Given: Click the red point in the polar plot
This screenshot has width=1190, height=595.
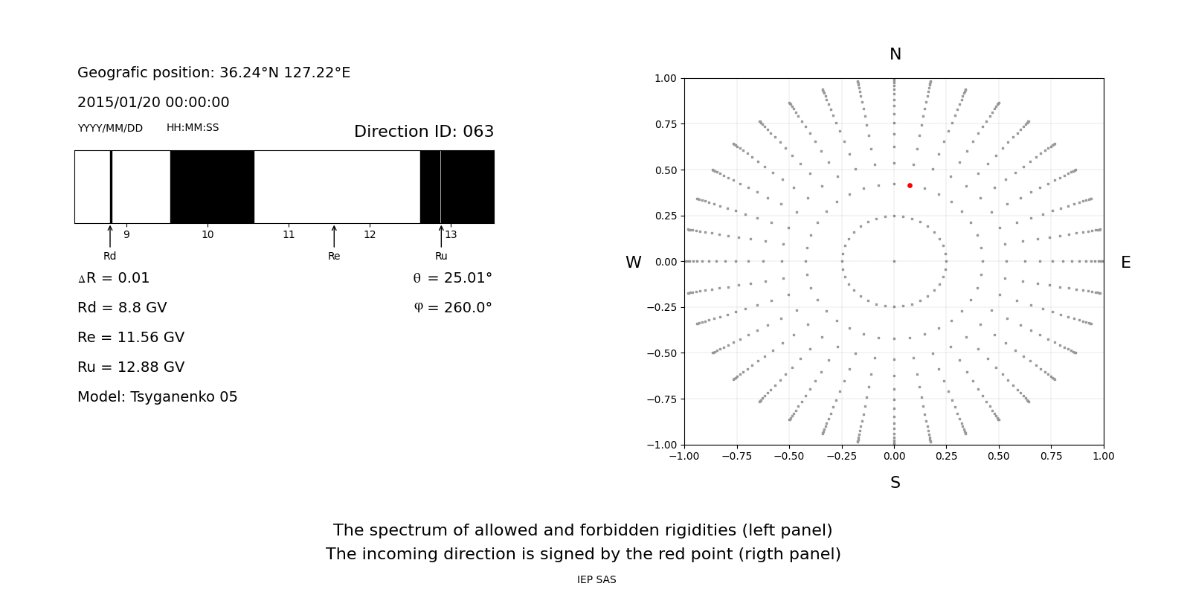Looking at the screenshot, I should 910,185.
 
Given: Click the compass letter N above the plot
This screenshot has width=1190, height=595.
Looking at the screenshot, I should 895,54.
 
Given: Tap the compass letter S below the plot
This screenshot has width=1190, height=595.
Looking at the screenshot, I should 895,483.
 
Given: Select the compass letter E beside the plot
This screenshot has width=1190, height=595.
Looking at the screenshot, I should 1125,263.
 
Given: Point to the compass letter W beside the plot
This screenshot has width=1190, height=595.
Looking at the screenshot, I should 633,263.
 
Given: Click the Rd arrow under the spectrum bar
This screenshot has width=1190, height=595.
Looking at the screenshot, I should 110,236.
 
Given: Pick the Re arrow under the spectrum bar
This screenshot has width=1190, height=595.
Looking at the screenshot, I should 334,236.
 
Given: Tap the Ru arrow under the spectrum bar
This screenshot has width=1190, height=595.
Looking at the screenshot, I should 441,236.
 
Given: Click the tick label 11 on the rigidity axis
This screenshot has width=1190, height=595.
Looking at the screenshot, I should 289,235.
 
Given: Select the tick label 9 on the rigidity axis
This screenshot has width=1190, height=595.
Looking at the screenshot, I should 126,235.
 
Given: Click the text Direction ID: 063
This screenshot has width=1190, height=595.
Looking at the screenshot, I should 424,132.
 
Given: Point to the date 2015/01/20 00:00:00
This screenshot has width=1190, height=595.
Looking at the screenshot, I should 153,103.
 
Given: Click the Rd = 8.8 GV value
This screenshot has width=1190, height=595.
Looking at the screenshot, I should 122,308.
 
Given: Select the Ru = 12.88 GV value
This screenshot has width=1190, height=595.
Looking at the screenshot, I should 131,367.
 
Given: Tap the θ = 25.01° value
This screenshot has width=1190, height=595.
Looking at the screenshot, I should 452,278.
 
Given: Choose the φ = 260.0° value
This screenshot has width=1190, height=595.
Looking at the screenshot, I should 452,308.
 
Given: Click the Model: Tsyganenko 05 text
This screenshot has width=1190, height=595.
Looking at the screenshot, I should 158,397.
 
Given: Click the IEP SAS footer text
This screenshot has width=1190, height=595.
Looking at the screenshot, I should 596,580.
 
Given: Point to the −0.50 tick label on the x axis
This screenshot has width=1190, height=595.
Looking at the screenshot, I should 788,456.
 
